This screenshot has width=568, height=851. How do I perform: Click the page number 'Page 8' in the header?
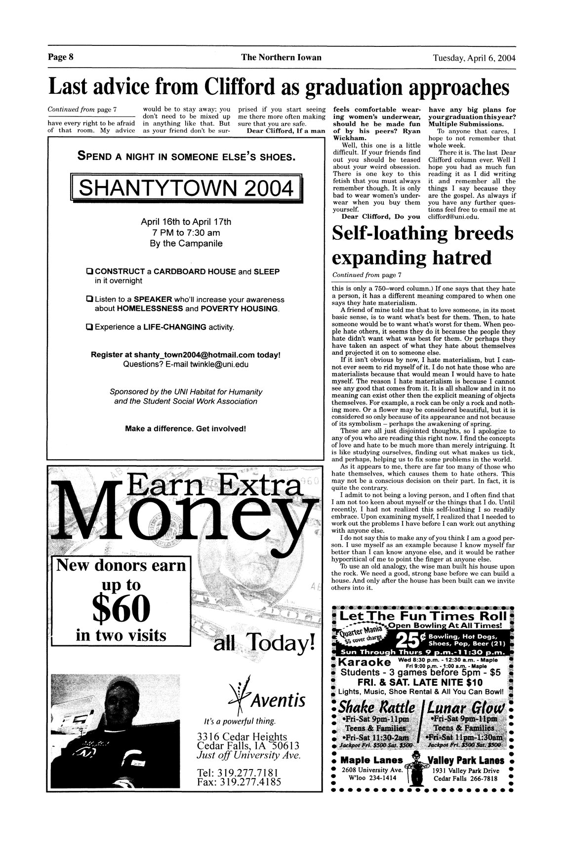61,57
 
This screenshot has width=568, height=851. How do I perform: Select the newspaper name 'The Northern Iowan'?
281,57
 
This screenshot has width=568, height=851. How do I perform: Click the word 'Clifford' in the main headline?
242,87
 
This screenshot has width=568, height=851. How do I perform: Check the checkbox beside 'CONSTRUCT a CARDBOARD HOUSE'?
89,272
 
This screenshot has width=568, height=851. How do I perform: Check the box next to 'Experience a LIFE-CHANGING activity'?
89,327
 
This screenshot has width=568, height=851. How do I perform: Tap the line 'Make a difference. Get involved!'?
186,428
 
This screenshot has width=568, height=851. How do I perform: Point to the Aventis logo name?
278,701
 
